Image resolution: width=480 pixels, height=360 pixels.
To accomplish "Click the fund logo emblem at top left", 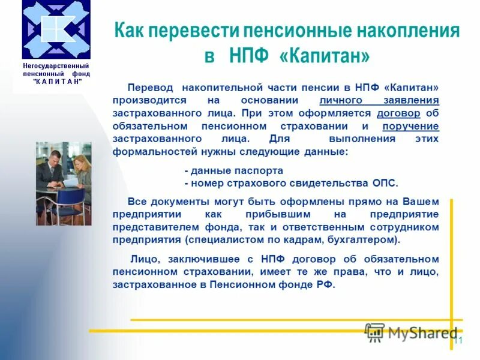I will point(56,29).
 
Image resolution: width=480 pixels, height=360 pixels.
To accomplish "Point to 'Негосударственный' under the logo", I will point(56,65).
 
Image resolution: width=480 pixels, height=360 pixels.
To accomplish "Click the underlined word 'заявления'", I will point(410,100).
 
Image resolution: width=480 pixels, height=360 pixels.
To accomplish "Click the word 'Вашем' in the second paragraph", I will point(420,201).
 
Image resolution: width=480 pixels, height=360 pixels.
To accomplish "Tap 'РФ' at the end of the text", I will point(324,285).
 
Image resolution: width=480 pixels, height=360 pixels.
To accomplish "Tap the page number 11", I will point(458,341).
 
